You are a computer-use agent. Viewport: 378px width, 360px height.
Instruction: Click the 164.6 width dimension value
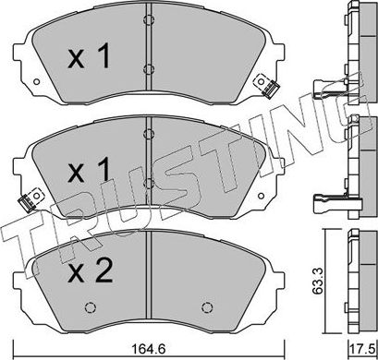click(149, 350)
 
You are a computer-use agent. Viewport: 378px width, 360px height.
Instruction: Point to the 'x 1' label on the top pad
click(89, 56)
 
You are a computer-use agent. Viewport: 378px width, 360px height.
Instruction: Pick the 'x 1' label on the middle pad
click(89, 169)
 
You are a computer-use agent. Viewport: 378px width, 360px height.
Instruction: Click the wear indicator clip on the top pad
click(266, 86)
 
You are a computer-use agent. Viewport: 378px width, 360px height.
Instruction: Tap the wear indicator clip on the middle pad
click(30, 200)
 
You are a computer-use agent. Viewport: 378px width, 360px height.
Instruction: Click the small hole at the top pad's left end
click(36, 82)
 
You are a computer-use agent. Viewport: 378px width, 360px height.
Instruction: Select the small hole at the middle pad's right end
click(261, 196)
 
